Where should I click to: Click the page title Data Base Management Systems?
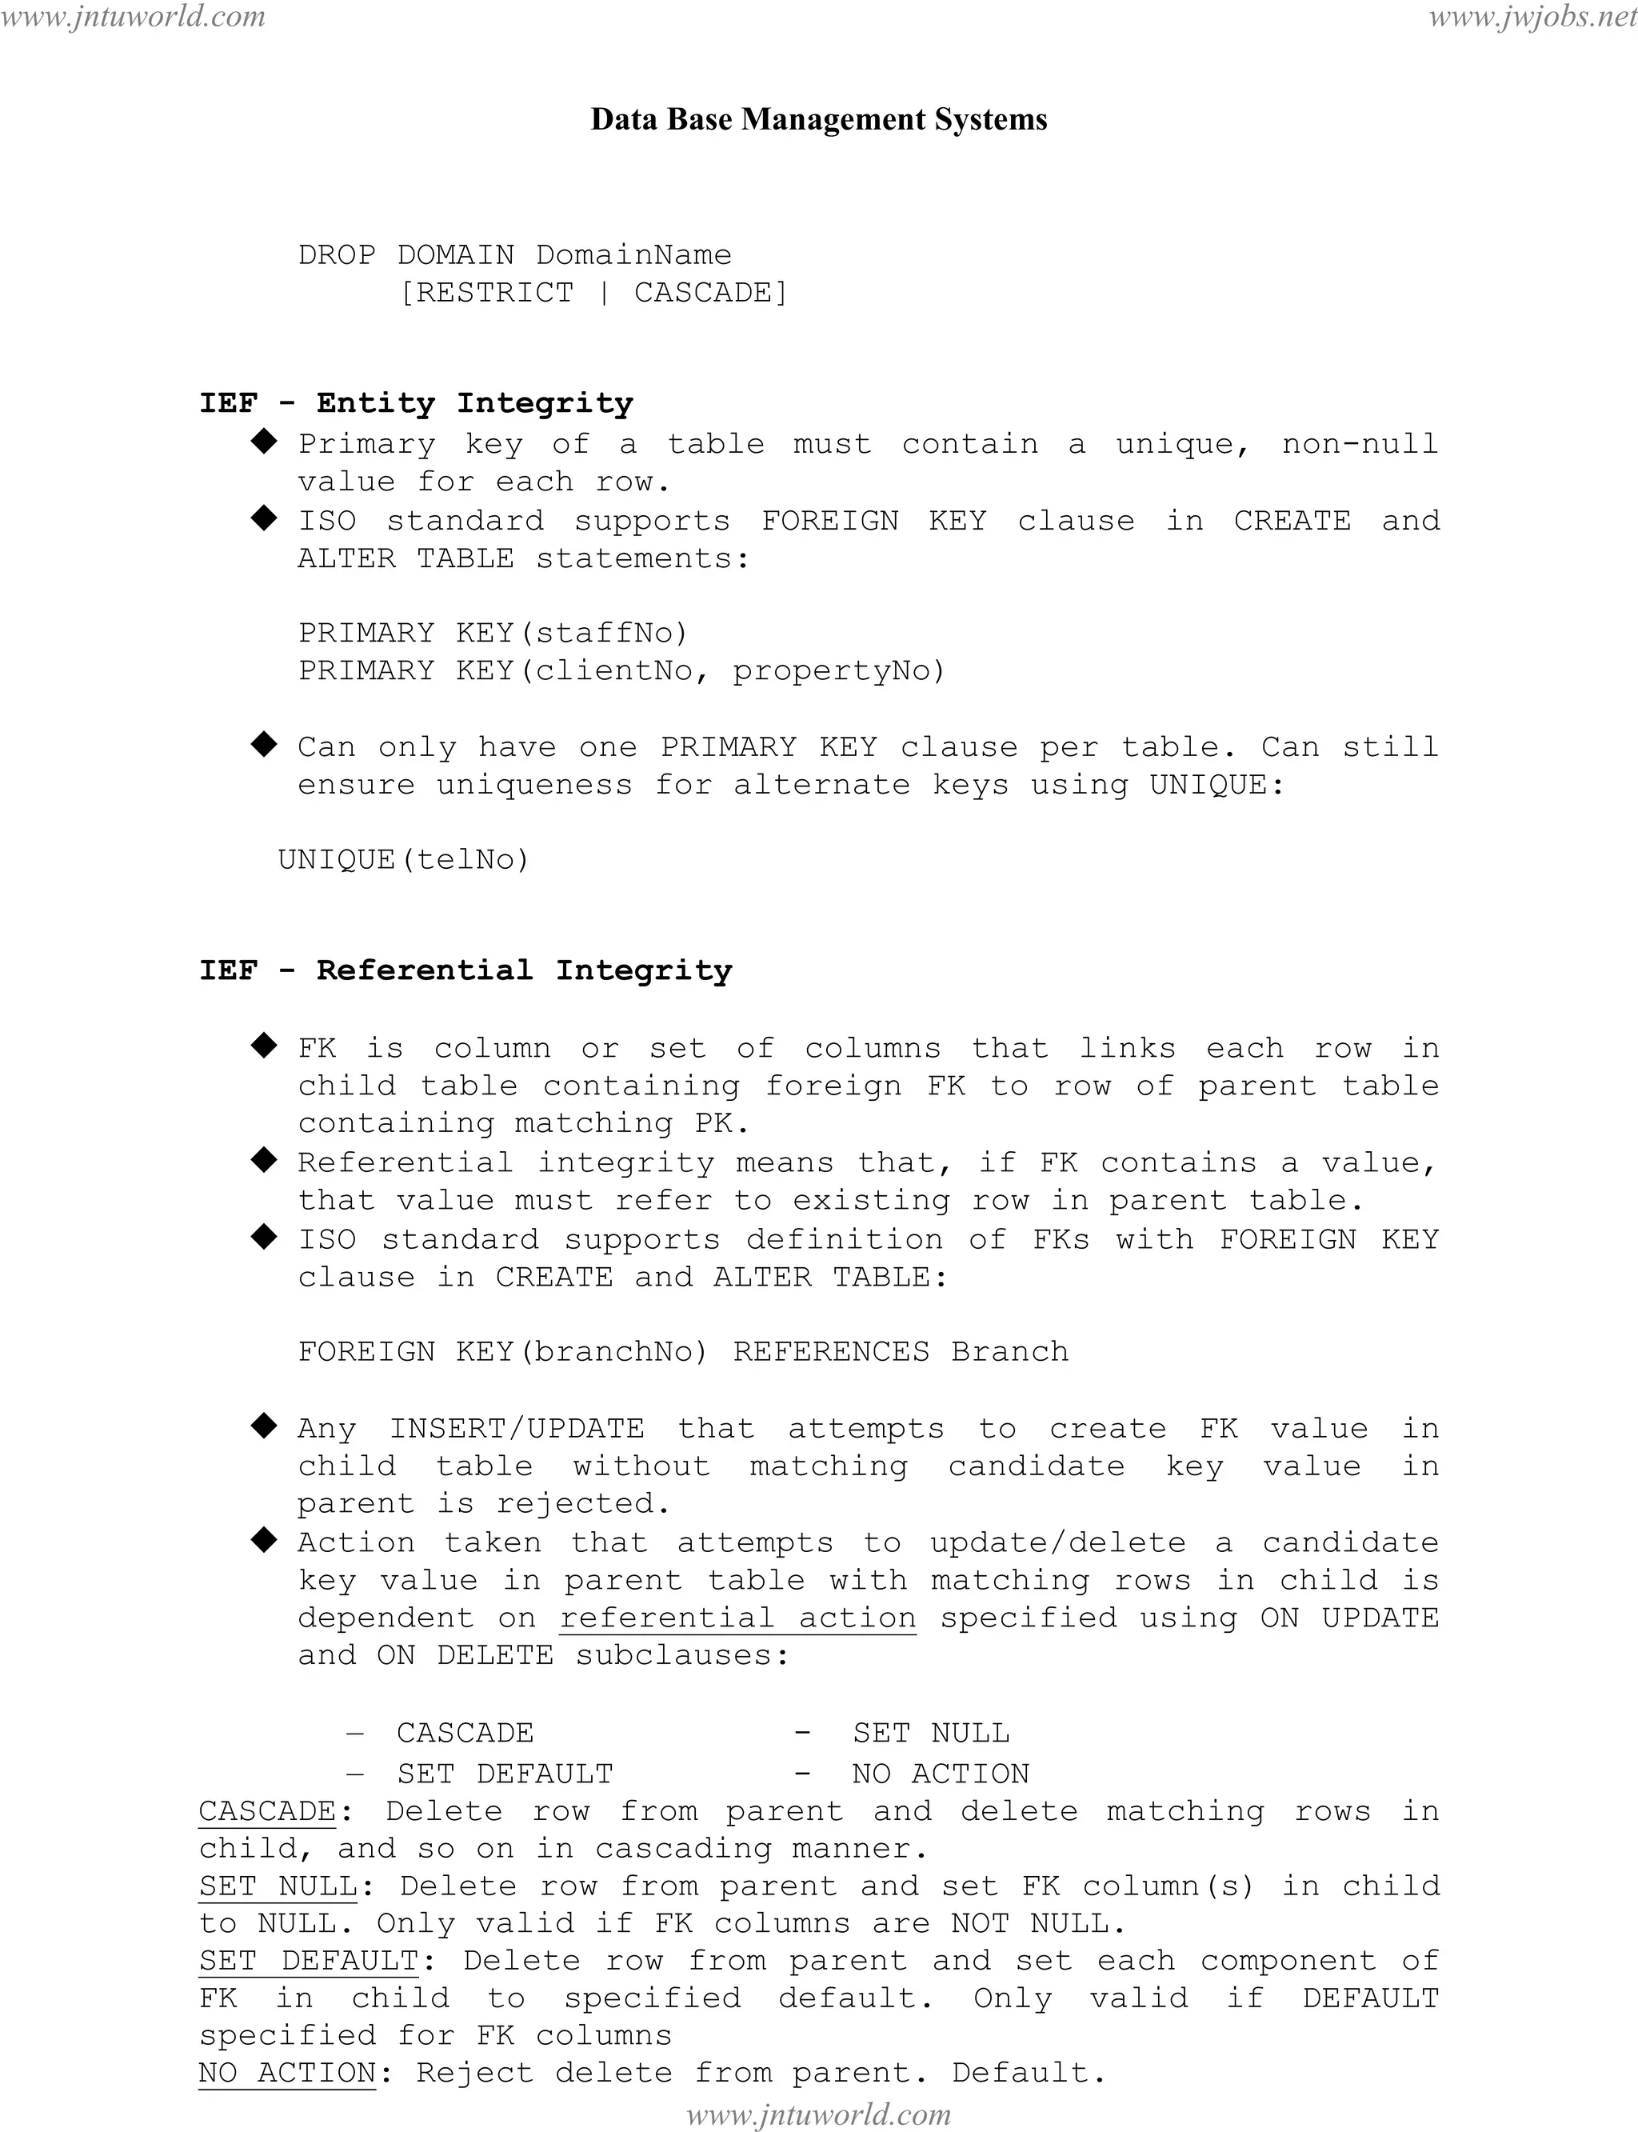pyautogui.click(x=819, y=119)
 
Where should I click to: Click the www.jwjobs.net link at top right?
pyautogui.click(x=1532, y=17)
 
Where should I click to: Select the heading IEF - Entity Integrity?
pyautogui.click(x=417, y=402)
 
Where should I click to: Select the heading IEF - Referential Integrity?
pyautogui.click(x=465, y=970)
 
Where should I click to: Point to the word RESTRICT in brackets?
pyautogui.click(x=494, y=293)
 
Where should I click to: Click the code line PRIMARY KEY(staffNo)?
pyautogui.click(x=493, y=633)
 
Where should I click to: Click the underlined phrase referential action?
pyautogui.click(x=738, y=1618)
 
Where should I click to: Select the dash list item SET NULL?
pyautogui.click(x=930, y=1733)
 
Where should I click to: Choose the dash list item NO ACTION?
pyautogui.click(x=940, y=1773)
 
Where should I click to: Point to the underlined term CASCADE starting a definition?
pyautogui.click(x=267, y=1811)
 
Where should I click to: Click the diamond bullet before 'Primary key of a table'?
pyautogui.click(x=264, y=442)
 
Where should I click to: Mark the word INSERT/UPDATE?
pyautogui.click(x=517, y=1429)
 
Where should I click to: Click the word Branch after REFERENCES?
pyautogui.click(x=1010, y=1352)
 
